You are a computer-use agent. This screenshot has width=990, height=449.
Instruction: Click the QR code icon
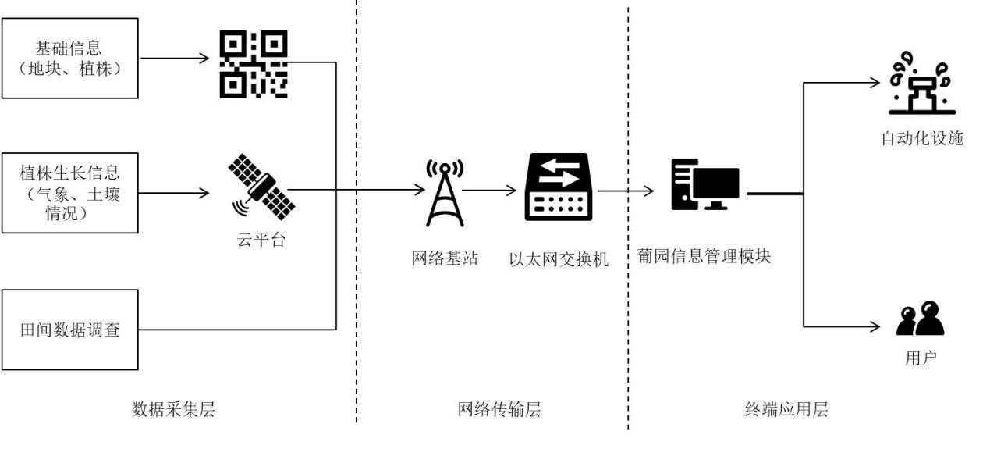pyautogui.click(x=254, y=64)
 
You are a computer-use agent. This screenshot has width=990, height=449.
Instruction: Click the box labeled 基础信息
pyautogui.click(x=69, y=59)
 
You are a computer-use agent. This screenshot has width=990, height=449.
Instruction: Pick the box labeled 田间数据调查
pyautogui.click(x=69, y=330)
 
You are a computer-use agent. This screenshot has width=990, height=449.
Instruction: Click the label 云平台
pyautogui.click(x=261, y=240)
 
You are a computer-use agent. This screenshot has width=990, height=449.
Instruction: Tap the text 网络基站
pyautogui.click(x=445, y=258)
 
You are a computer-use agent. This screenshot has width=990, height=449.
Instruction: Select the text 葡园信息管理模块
pyautogui.click(x=704, y=256)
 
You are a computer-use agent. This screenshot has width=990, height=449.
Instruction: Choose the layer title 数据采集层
pyautogui.click(x=173, y=409)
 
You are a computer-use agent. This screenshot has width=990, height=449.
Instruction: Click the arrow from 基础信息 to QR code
pyautogui.click(x=174, y=59)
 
